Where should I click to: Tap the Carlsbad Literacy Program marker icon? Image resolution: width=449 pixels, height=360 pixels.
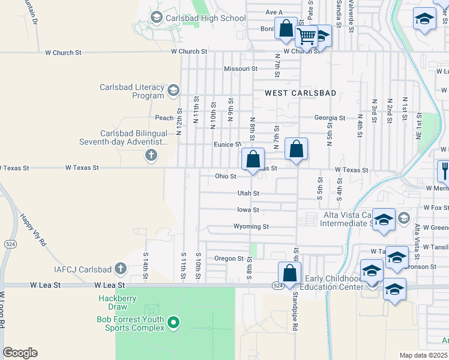click(173, 91)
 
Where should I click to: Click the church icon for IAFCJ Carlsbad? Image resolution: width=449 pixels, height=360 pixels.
click(121, 268)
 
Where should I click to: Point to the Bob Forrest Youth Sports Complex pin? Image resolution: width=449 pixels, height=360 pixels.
click(173, 323)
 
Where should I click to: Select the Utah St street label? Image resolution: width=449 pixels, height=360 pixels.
click(248, 194)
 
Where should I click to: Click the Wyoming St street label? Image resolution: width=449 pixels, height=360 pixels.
click(251, 227)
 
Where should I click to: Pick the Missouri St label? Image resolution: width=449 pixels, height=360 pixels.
click(241, 69)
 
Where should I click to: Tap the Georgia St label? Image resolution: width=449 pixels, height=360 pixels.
click(330, 118)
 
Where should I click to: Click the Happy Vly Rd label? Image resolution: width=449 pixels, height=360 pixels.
click(35, 232)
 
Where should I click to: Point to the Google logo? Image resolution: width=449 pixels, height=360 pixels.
click(20, 353)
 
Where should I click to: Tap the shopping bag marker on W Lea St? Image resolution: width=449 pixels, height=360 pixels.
click(289, 273)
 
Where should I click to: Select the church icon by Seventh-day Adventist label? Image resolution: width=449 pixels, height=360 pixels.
click(151, 156)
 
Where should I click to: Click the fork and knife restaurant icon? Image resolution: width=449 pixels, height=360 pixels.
click(444, 170)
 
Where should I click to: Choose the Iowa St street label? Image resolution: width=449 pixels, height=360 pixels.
click(247, 210)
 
